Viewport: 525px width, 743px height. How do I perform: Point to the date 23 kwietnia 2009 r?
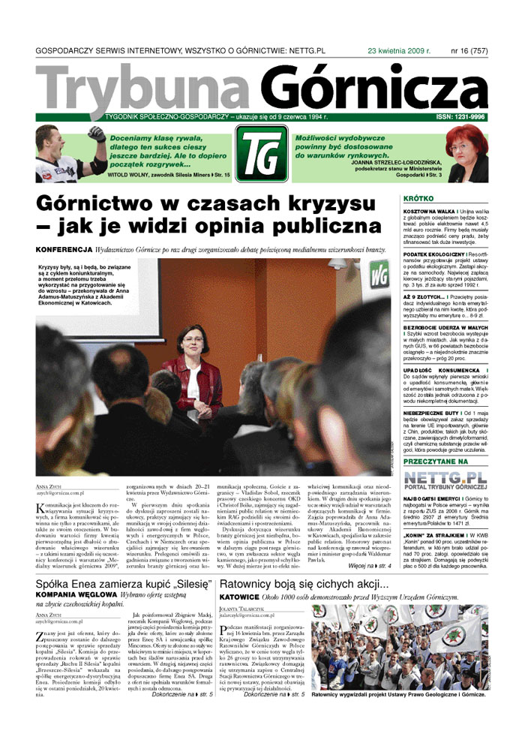pyautogui.click(x=397, y=50)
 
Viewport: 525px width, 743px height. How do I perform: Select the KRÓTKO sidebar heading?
pyautogui.click(x=418, y=200)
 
